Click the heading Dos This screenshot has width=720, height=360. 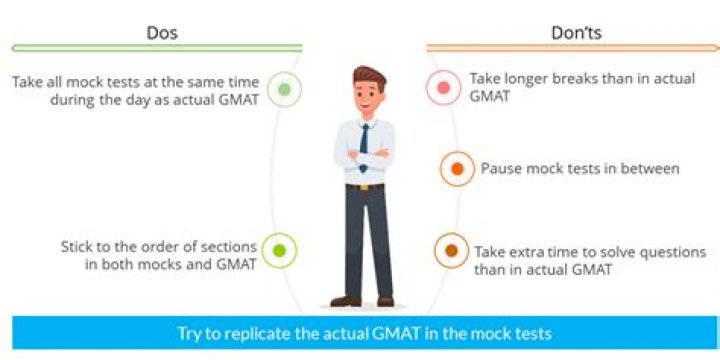tap(162, 33)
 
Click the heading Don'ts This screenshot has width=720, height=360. tap(576, 33)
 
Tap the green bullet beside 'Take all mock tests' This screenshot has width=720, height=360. tap(284, 90)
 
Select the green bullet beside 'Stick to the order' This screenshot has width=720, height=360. tap(279, 251)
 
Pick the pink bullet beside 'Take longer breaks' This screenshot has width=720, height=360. tap(443, 88)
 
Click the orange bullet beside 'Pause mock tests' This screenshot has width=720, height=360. tap(457, 169)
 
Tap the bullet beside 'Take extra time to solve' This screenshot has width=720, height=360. tap(451, 250)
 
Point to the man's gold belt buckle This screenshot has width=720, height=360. tap(365, 187)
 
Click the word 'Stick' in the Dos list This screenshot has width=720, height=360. tap(75, 247)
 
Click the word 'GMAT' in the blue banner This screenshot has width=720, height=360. tap(398, 333)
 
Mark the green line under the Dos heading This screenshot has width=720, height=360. tap(158, 48)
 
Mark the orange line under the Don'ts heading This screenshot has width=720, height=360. tap(573, 48)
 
